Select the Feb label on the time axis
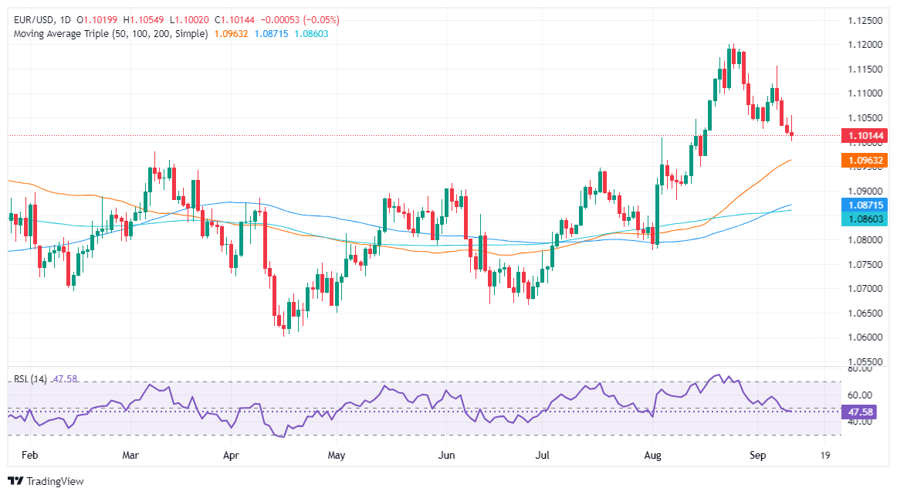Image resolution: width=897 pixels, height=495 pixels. coord(29,456)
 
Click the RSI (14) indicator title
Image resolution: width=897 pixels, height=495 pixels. coord(30,379)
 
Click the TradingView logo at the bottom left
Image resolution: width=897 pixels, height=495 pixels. coord(46,481)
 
